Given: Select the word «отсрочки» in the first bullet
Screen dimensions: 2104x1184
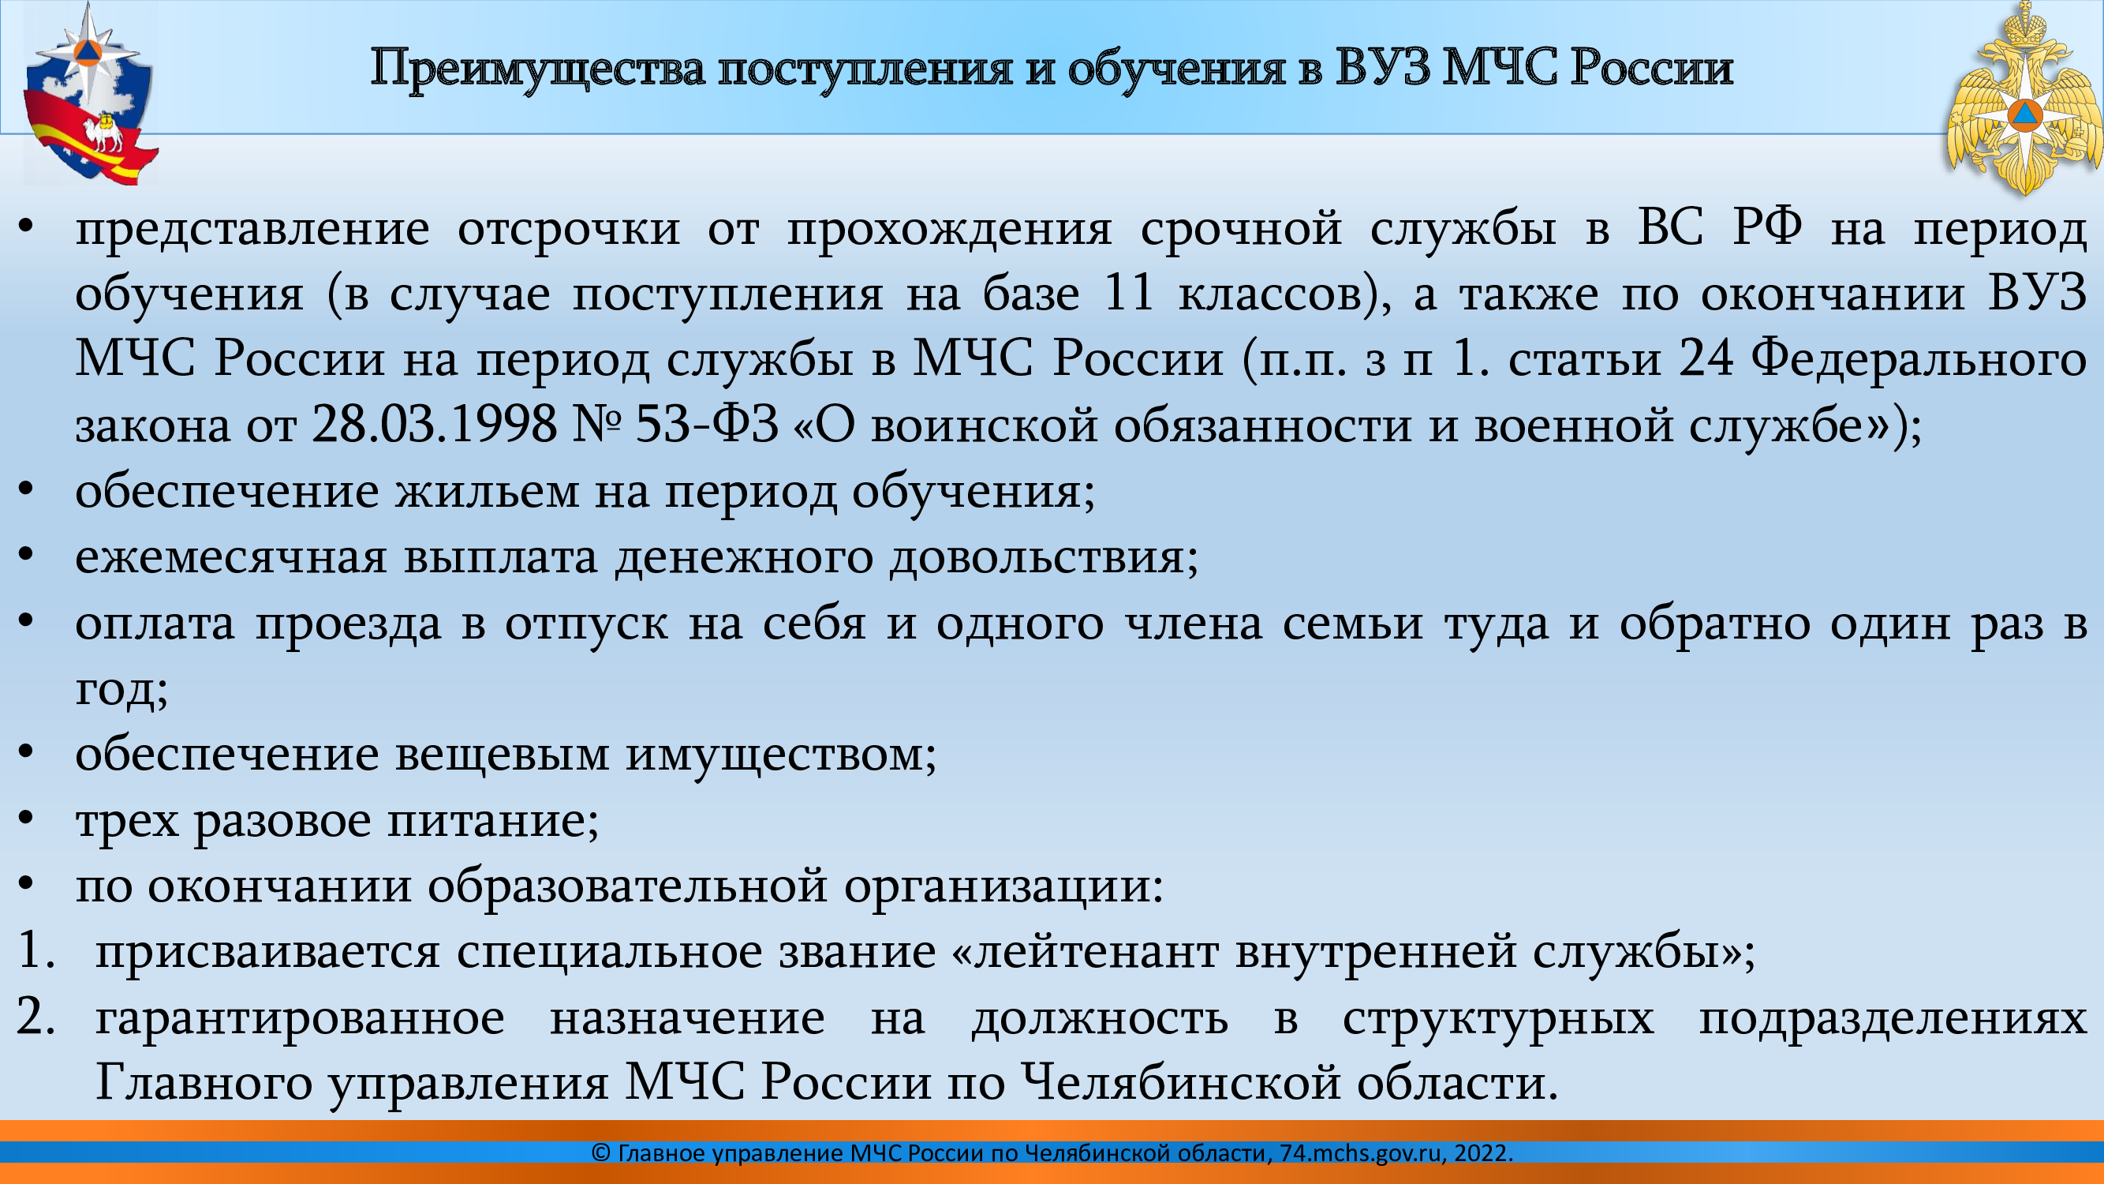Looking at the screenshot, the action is (569, 229).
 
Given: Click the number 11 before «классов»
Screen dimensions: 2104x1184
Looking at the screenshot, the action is (1128, 292).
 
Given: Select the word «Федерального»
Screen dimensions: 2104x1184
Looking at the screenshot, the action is (1919, 358).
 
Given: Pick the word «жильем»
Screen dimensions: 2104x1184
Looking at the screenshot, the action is (488, 492).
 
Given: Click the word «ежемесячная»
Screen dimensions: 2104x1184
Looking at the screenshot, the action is (231, 558).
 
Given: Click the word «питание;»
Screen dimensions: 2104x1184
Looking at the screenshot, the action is (493, 821).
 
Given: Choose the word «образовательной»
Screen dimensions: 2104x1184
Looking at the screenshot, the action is (627, 886).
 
